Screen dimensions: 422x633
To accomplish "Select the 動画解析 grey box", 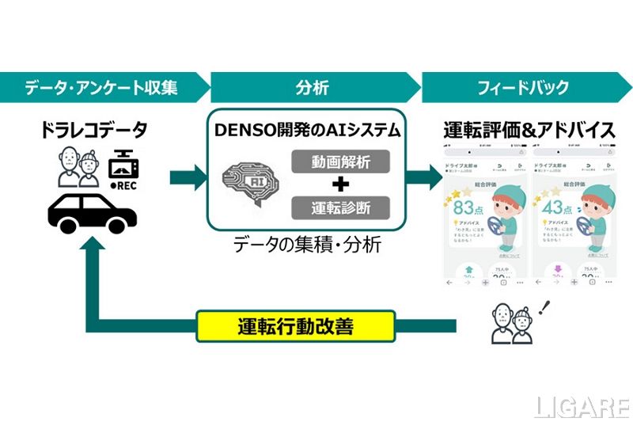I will tap(341, 162).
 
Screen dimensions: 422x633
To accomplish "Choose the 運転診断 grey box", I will tap(341, 207).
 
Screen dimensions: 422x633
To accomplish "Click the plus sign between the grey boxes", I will tap(341, 185).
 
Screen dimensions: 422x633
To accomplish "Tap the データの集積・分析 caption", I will tap(308, 245).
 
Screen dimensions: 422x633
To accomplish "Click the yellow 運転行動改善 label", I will tap(294, 325).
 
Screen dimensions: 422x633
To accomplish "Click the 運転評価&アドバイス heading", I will tap(529, 130).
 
